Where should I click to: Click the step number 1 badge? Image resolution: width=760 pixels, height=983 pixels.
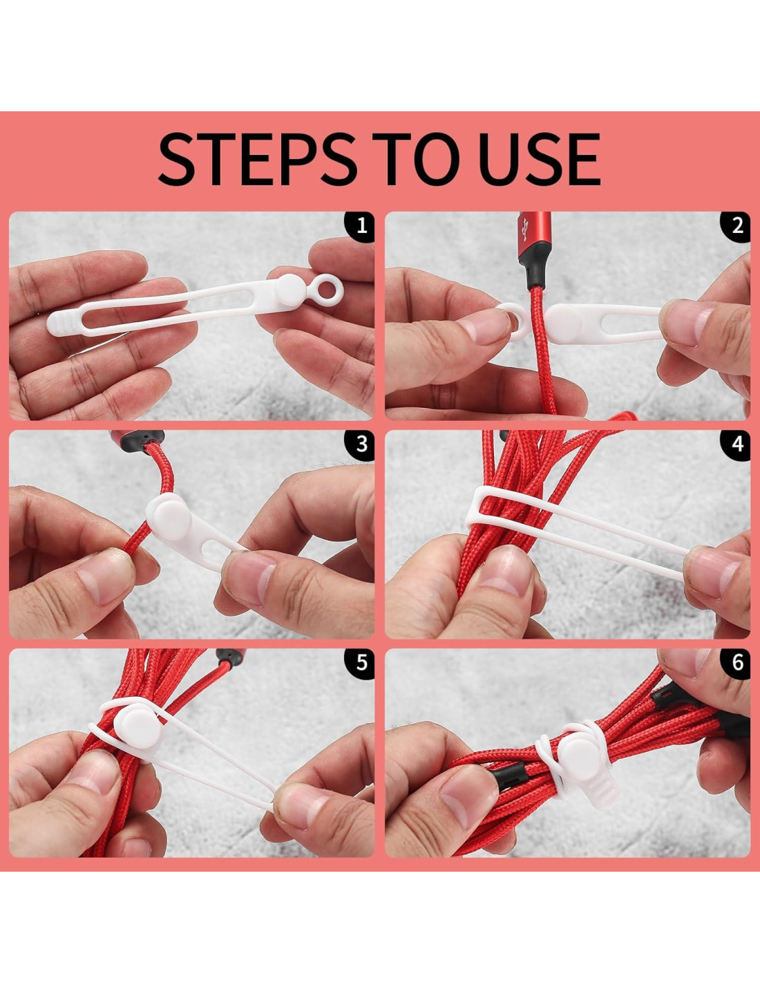(360, 226)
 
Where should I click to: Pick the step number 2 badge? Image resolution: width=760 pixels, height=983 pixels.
(736, 226)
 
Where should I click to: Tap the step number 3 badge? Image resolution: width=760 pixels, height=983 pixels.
(360, 444)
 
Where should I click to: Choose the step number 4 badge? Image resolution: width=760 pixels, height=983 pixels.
(736, 444)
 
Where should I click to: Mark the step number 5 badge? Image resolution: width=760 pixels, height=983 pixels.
(360, 663)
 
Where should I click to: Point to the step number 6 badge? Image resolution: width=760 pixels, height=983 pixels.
(736, 663)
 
